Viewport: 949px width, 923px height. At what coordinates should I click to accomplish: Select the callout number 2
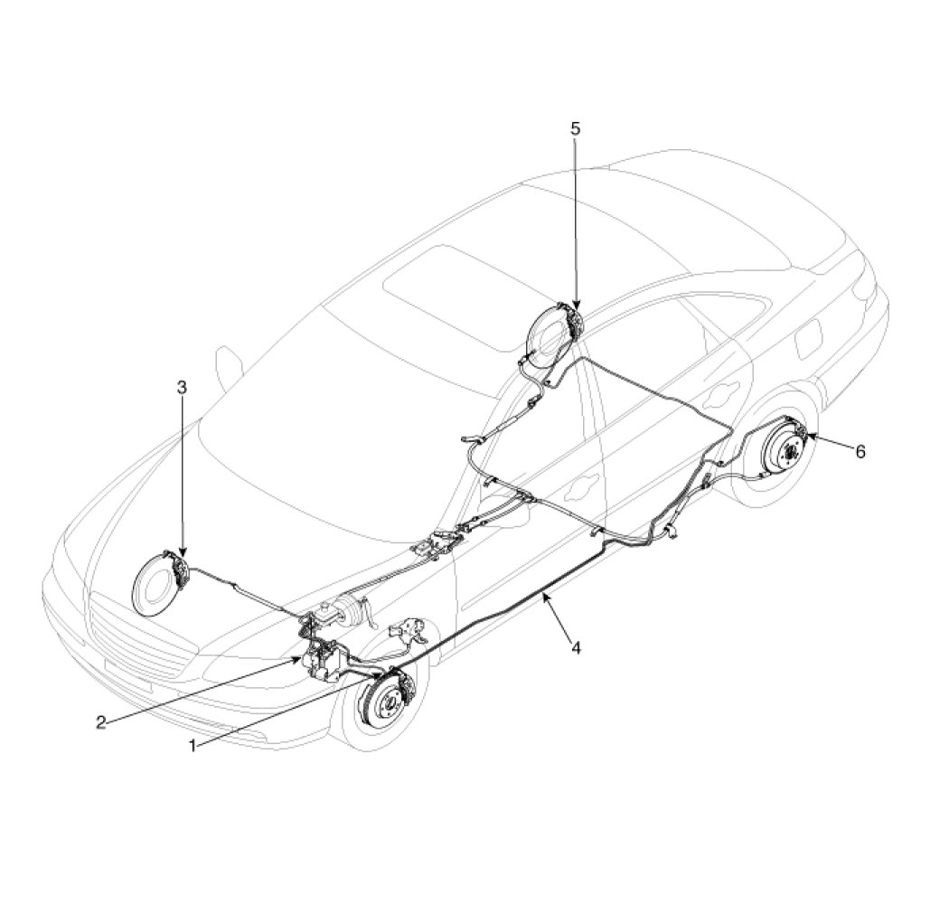pyautogui.click(x=101, y=722)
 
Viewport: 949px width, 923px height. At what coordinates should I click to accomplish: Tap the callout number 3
pyautogui.click(x=182, y=387)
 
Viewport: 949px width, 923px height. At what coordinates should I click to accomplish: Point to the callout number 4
pyautogui.click(x=576, y=647)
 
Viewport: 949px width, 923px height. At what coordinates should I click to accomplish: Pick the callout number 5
pyautogui.click(x=575, y=127)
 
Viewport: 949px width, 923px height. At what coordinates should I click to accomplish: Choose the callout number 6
pyautogui.click(x=860, y=451)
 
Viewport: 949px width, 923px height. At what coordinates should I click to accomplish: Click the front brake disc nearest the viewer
pyautogui.click(x=388, y=702)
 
